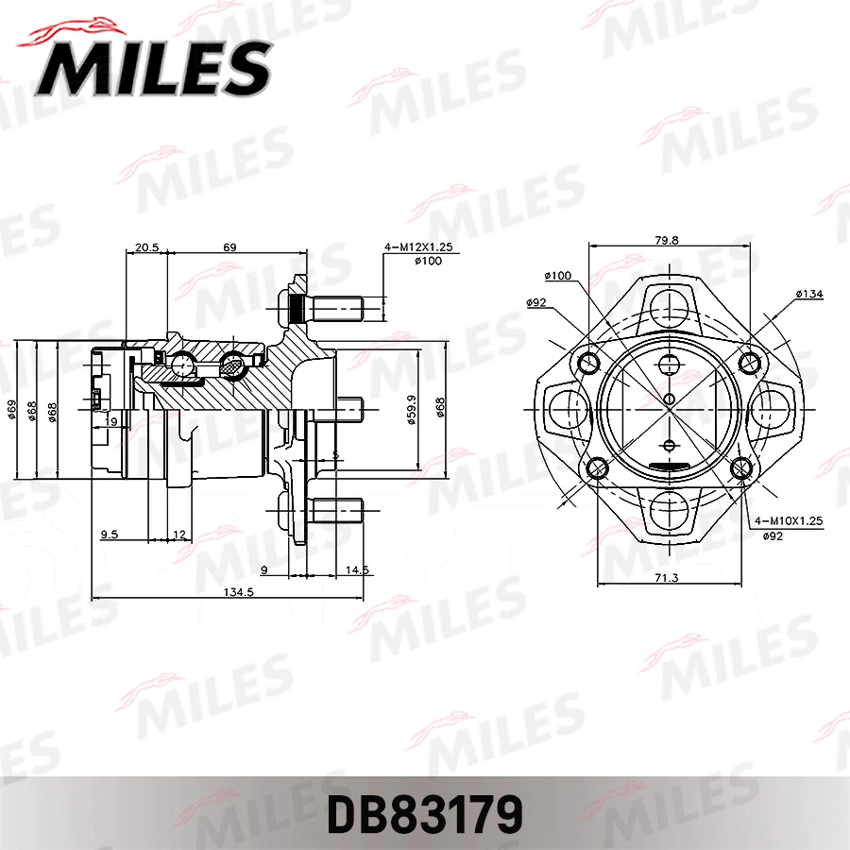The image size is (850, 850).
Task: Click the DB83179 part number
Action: (425, 814)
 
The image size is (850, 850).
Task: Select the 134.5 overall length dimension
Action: (239, 592)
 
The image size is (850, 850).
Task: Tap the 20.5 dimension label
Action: (146, 247)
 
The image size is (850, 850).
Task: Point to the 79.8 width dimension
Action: (666, 240)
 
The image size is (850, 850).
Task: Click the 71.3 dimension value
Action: (666, 578)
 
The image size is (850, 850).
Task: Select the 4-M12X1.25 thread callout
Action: (418, 247)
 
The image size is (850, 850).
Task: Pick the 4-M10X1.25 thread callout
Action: (789, 521)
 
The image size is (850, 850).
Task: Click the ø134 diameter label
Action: (809, 294)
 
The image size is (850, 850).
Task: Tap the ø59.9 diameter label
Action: (412, 410)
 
